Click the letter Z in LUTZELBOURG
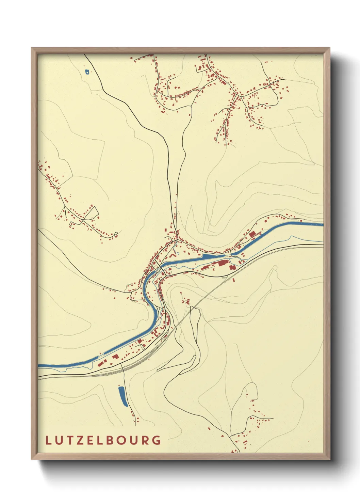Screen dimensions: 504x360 pyautogui.click(x=77, y=440)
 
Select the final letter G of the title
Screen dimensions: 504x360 pyautogui.click(x=157, y=440)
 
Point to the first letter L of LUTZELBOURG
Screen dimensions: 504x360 pyautogui.click(x=48, y=440)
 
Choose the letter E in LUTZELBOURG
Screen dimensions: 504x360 pyautogui.click(x=87, y=440)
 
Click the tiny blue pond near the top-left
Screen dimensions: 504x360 pyautogui.click(x=87, y=72)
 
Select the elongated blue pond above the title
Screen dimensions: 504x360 pyautogui.click(x=122, y=396)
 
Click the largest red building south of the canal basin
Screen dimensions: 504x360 pyautogui.click(x=223, y=263)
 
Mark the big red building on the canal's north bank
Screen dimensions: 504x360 pyautogui.click(x=252, y=234)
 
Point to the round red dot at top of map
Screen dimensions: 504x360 pyautogui.click(x=131, y=58)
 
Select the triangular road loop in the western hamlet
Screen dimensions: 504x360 pyautogui.click(x=92, y=213)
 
